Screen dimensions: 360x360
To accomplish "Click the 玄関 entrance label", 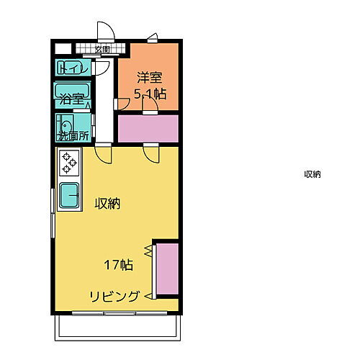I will [102, 50].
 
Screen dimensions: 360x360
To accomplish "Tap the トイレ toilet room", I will [73, 69].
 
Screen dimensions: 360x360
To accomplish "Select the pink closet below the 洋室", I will [148, 128].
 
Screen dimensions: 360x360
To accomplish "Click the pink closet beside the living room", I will [166, 269].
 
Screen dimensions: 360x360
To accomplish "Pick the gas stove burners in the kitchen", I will [69, 163].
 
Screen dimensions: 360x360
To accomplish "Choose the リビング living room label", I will [114, 296].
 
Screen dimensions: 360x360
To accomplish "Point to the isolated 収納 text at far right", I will [312, 174].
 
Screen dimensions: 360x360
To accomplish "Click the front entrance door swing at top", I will [106, 31].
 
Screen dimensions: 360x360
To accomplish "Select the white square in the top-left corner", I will [62, 49].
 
